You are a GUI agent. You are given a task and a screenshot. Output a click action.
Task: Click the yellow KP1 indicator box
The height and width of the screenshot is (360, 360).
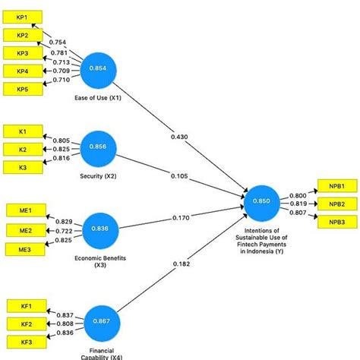click(x=23, y=17)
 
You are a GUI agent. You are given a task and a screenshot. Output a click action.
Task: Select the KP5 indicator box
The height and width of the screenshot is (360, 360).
click(x=23, y=89)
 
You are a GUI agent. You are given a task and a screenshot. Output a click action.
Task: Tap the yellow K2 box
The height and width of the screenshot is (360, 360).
click(x=23, y=149)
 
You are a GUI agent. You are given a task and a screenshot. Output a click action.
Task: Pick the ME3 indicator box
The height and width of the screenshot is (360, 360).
click(x=23, y=248)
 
